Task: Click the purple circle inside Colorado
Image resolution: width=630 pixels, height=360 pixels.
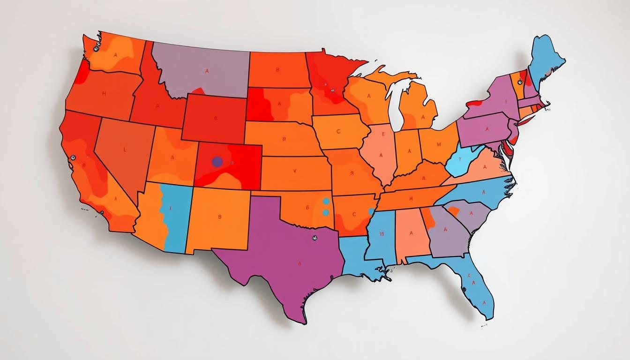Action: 217,162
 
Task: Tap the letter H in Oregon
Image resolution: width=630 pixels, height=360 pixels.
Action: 104,94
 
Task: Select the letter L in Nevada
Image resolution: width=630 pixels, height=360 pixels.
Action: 125,150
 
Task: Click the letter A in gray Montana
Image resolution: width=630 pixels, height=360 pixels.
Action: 207,71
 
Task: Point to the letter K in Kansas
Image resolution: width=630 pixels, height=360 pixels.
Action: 295,172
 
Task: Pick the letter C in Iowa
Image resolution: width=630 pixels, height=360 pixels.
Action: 338,132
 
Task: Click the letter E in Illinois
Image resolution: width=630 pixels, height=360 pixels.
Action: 383,134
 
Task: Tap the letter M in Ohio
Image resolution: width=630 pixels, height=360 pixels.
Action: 439,144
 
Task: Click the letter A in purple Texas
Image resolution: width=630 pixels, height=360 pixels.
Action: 299,263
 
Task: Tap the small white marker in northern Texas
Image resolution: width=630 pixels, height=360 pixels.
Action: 313,238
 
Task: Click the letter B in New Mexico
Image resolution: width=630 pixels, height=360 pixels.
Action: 219,217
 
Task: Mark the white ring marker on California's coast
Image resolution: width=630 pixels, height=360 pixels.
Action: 73,158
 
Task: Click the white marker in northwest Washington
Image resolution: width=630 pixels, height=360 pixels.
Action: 97,47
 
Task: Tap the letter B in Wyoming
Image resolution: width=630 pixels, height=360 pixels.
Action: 216,119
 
